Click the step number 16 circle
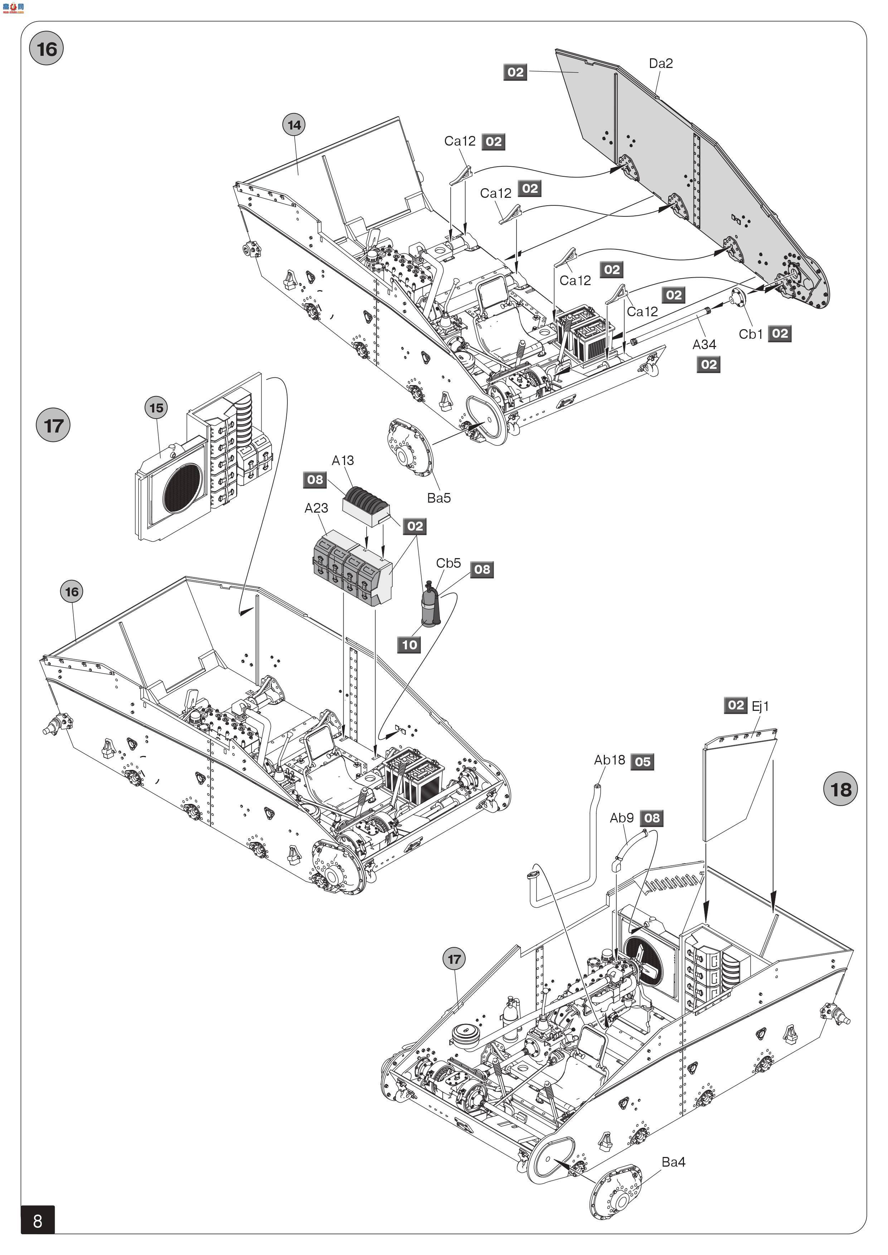tap(47, 49)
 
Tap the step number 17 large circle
tap(53, 425)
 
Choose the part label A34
tap(704, 345)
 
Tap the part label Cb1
tap(751, 334)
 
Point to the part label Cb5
tap(448, 563)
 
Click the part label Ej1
tap(760, 706)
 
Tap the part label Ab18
tap(610, 760)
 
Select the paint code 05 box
tap(642, 761)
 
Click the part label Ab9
tap(622, 818)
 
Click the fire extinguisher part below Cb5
tap(430, 605)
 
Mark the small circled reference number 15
tap(156, 408)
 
